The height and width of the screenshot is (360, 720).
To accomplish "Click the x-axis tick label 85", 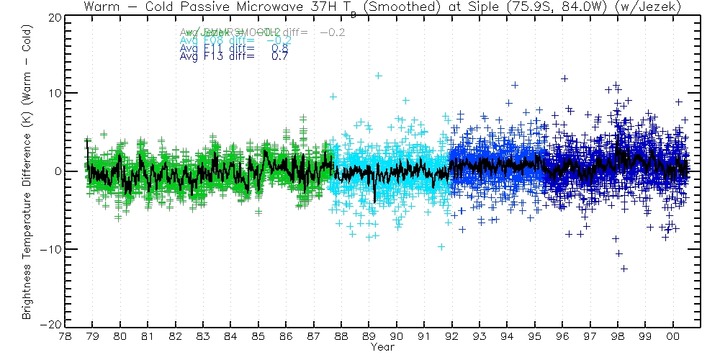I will click(x=258, y=336).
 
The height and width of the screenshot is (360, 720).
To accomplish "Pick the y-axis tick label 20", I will click(x=53, y=17).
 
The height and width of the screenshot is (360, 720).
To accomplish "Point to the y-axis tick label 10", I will click(x=53, y=94).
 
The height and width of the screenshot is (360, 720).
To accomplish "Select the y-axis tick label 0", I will click(x=55, y=171).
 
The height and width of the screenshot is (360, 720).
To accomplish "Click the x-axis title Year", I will click(x=381, y=346).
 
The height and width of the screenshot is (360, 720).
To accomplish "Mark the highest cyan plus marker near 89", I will click(x=378, y=76).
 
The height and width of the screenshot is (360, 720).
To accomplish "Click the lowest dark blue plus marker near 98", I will click(x=624, y=269).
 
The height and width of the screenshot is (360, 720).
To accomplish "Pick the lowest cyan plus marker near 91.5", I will click(x=441, y=247).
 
